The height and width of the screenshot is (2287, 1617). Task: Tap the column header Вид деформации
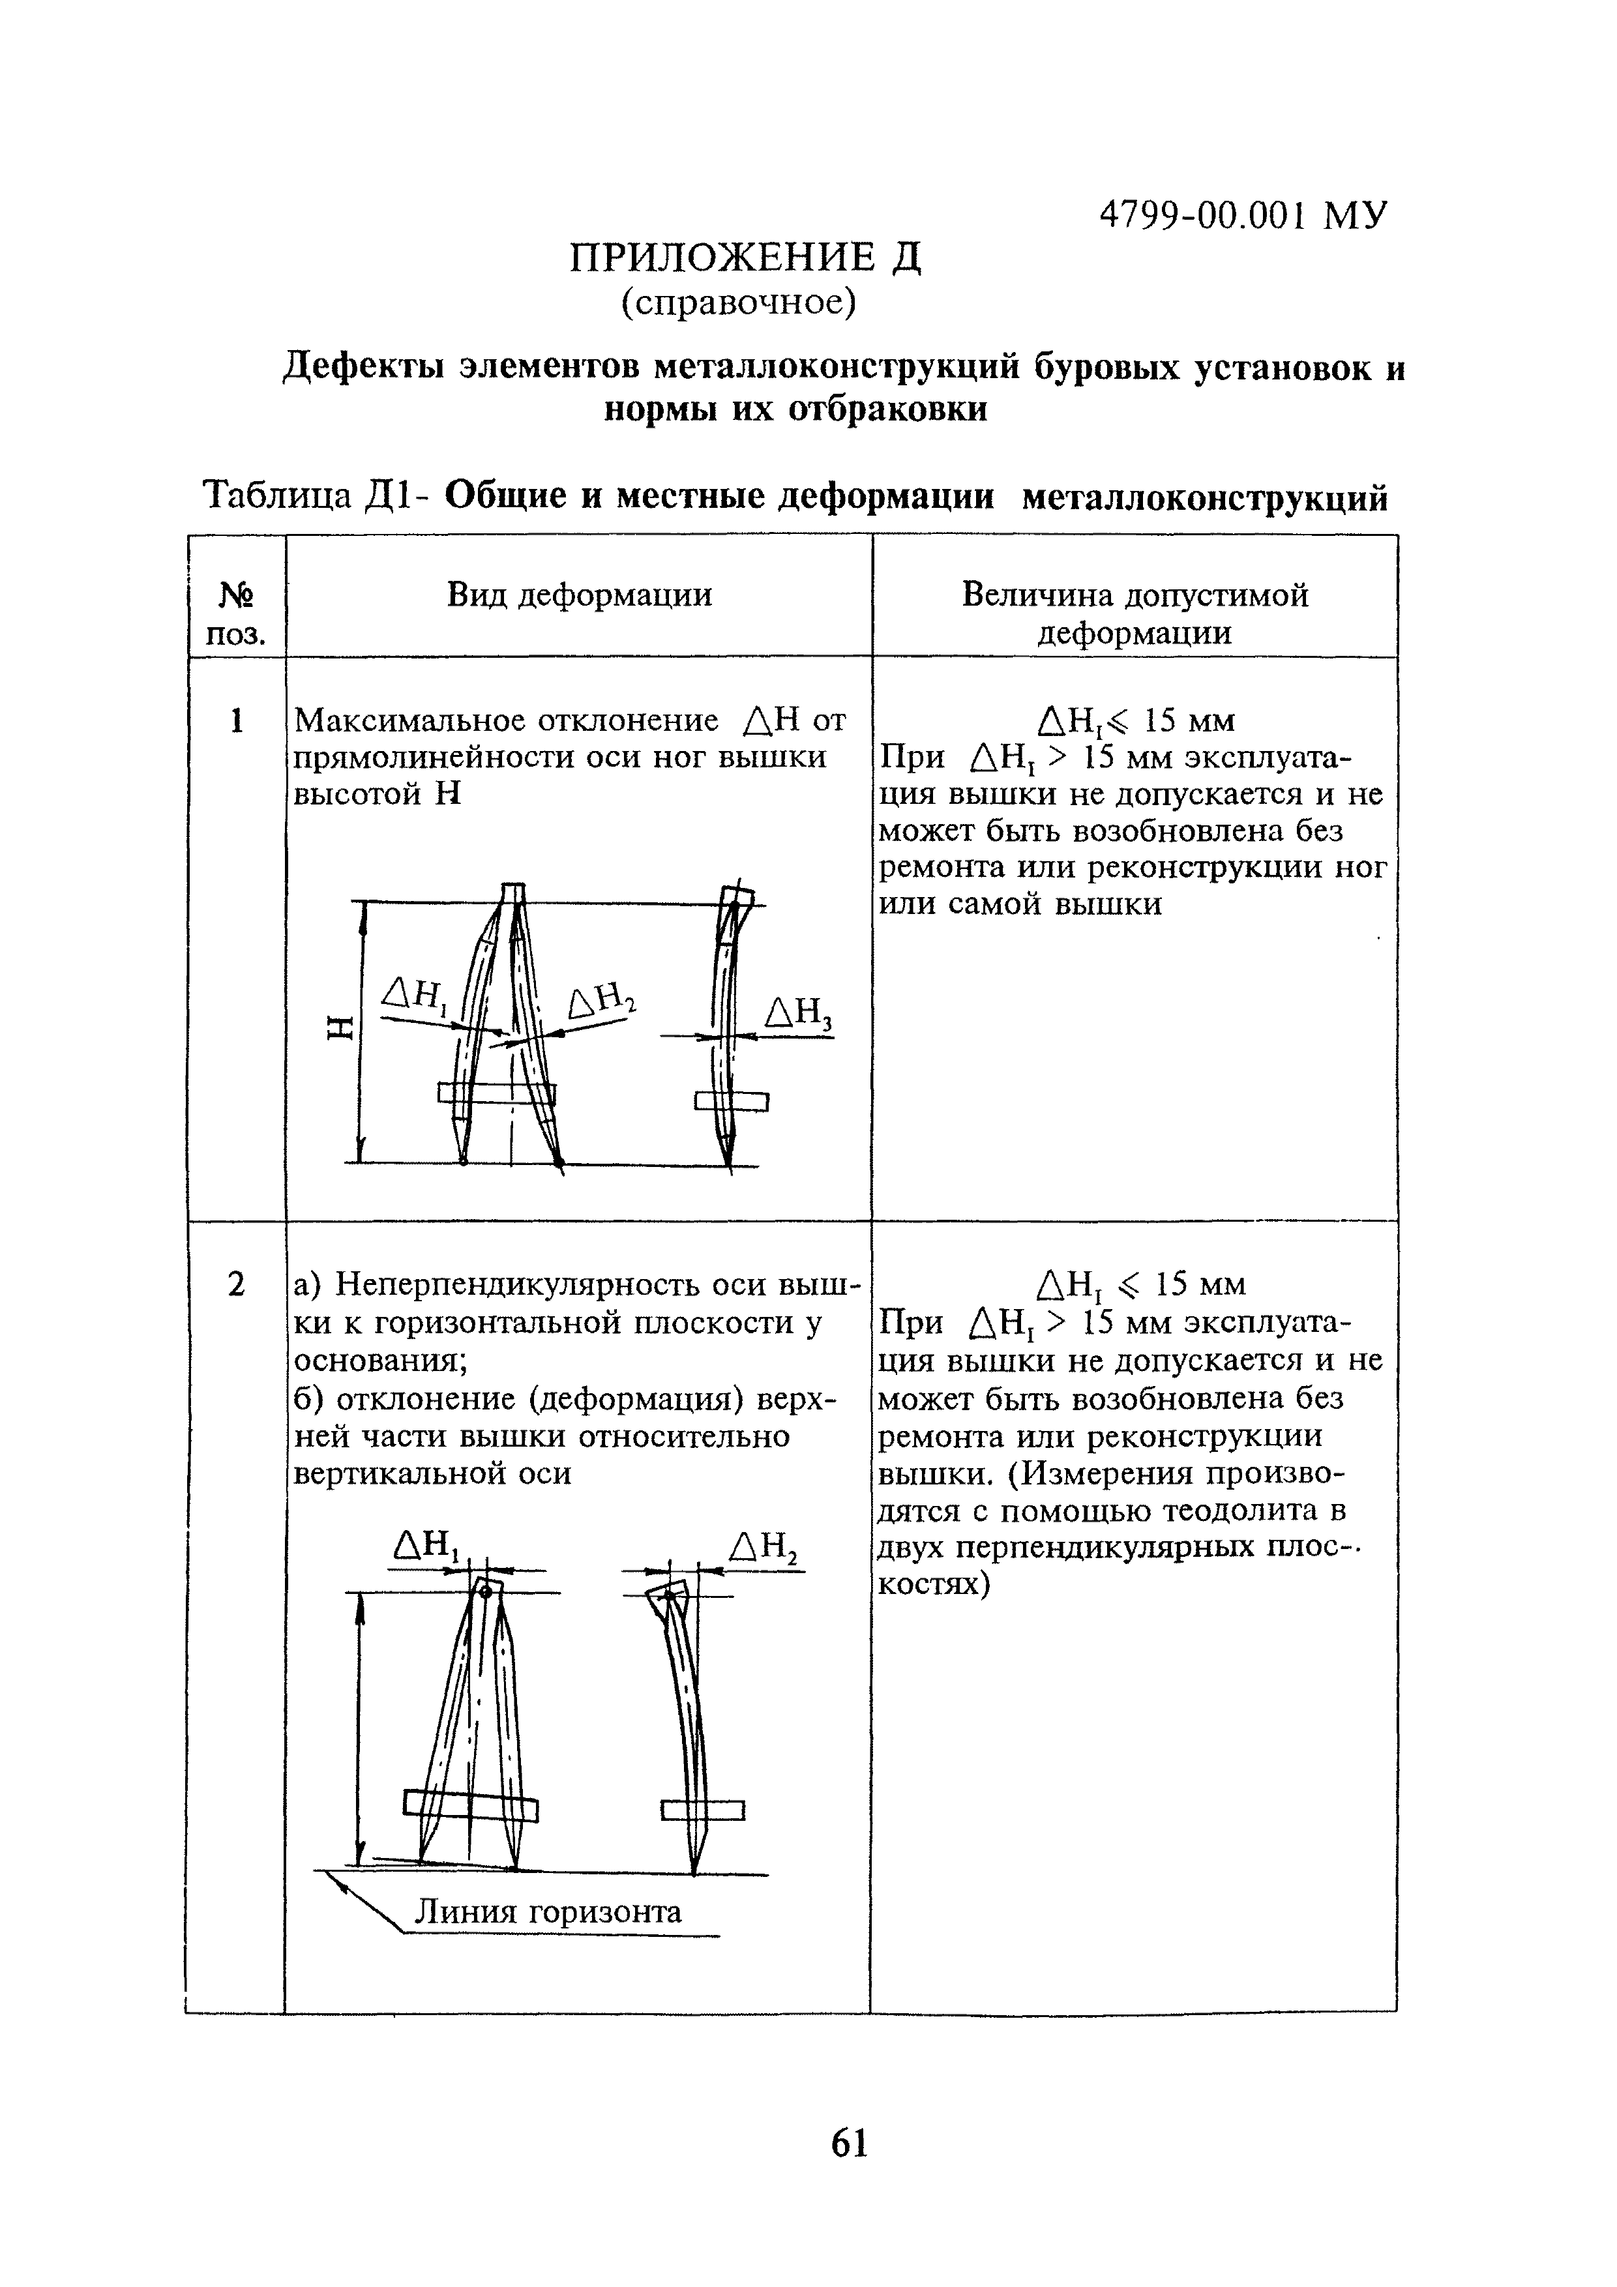point(579,596)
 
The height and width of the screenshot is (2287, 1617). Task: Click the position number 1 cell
point(236,720)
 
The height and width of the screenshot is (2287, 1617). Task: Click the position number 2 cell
point(236,1285)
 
